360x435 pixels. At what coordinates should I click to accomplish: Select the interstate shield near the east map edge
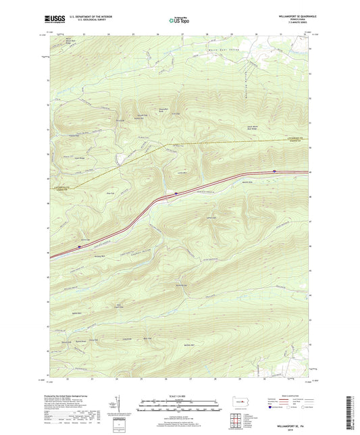[274, 171]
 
